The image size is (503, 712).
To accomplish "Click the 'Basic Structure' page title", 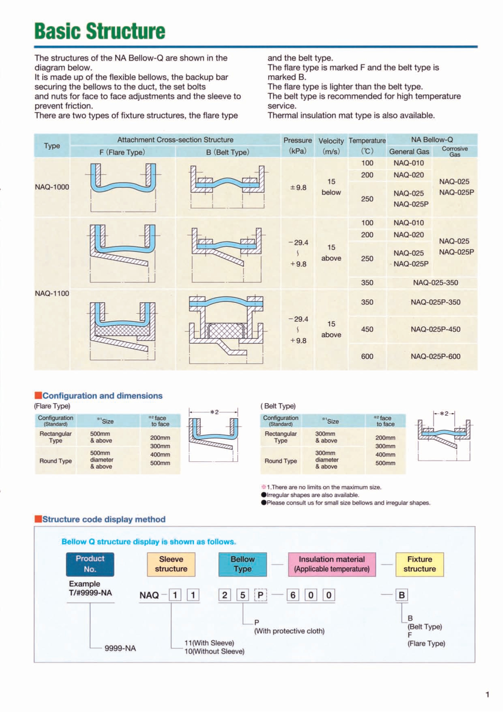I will coord(100,31).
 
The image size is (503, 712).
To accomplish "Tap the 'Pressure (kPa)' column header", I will coord(297,145).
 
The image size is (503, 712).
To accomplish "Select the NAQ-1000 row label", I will coord(52,187).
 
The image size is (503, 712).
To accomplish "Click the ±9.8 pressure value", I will coord(298,187).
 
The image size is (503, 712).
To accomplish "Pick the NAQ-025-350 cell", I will coord(435,282).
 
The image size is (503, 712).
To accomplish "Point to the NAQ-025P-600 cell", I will coord(435,356).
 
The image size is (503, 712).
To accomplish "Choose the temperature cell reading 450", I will coord(367,329).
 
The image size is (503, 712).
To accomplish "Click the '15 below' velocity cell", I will coord(331,187).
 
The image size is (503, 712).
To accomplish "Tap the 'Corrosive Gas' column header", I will coord(455,151).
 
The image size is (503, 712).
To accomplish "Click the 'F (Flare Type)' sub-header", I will coord(122,152).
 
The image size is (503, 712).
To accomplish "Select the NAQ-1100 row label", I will coord(52,293).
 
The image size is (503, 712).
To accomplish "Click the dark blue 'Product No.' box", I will coord(90,564).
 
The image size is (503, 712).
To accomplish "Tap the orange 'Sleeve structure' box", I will coord(171,564).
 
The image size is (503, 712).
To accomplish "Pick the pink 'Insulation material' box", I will coord(332,564).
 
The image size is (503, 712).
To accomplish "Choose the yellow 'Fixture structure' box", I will coord(419,564).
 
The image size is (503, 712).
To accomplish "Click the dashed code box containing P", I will coord(260,595).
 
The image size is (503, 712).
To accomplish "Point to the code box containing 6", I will coord(293,595).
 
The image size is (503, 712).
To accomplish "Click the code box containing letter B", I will coord(402,595).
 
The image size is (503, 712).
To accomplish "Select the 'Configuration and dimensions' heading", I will coord(102,396).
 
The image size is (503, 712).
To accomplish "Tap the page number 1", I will coord(487,695).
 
